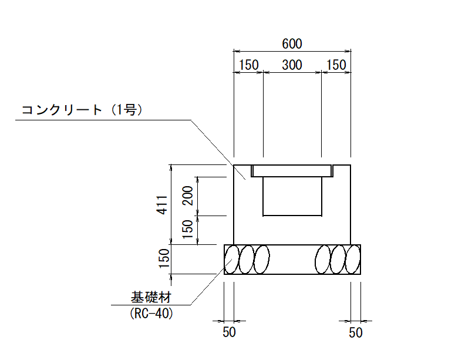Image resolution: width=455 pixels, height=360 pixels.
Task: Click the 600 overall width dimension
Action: point(292,44)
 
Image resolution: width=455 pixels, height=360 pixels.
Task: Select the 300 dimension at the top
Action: point(292,65)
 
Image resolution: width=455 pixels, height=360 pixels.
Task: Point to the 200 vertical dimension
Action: point(188,196)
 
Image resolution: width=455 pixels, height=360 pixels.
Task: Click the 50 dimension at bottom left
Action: point(229,332)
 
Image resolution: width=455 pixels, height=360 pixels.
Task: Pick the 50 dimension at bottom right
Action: point(355,333)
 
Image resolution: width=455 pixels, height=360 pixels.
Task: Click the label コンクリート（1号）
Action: point(82,110)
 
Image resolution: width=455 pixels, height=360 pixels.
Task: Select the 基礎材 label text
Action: point(151,297)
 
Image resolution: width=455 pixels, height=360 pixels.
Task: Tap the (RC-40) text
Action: point(151,314)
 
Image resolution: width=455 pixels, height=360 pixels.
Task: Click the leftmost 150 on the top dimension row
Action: point(249,65)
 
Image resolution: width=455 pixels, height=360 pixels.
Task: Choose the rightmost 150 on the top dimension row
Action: point(336,65)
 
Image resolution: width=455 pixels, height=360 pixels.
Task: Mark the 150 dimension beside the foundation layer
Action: point(164,258)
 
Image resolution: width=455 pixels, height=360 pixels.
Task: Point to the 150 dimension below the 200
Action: point(188,230)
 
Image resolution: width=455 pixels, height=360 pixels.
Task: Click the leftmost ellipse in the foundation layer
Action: point(232,260)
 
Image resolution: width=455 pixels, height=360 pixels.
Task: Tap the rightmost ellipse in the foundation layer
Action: point(353,260)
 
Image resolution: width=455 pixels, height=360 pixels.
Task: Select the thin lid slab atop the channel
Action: point(292,171)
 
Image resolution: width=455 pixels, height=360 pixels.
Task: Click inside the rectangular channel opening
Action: point(292,196)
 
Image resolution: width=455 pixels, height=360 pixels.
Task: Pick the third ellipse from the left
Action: point(261,260)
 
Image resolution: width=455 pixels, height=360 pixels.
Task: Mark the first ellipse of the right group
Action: point(323,260)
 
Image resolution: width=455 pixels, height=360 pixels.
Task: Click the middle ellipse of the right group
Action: point(338,260)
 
